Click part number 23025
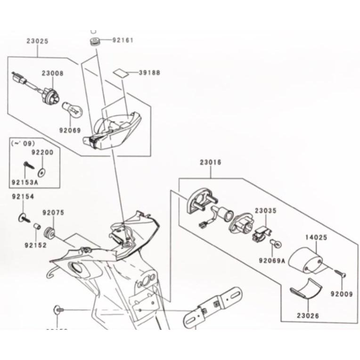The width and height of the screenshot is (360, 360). pos(37,41)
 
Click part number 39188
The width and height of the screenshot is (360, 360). pos(149,73)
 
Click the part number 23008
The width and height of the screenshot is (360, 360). pos(52,74)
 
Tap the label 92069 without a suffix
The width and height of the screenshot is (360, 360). pos(70,130)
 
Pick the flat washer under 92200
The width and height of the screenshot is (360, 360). pos(43,168)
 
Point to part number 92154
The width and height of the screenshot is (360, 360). pos(23,196)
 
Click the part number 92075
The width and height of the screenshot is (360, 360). pos(53,213)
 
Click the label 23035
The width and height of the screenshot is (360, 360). pos(266,211)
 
